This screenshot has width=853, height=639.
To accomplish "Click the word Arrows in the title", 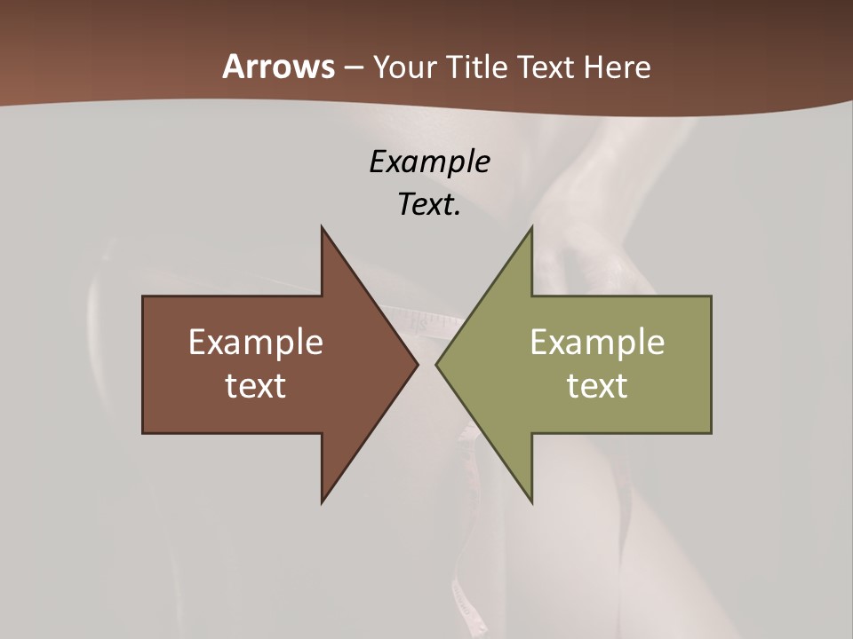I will (x=277, y=67).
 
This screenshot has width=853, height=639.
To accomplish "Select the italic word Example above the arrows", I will (x=429, y=162).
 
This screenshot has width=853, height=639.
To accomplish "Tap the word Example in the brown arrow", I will (x=256, y=342).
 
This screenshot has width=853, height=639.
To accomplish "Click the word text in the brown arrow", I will (x=256, y=386).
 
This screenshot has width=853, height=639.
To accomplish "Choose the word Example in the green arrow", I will (x=597, y=342).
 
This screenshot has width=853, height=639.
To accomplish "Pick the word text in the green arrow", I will (x=597, y=386).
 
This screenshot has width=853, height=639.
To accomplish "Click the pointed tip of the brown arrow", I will (x=417, y=364).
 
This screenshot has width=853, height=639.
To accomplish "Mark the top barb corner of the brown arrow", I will (x=322, y=228).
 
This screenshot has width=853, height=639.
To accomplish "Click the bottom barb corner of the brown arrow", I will (x=322, y=501).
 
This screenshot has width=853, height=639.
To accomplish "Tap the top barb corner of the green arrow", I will (x=531, y=228).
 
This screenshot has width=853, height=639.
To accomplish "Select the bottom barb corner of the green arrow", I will (x=531, y=501).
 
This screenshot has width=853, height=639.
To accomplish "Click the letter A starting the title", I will (x=233, y=67).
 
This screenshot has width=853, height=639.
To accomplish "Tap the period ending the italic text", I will (x=458, y=214).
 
